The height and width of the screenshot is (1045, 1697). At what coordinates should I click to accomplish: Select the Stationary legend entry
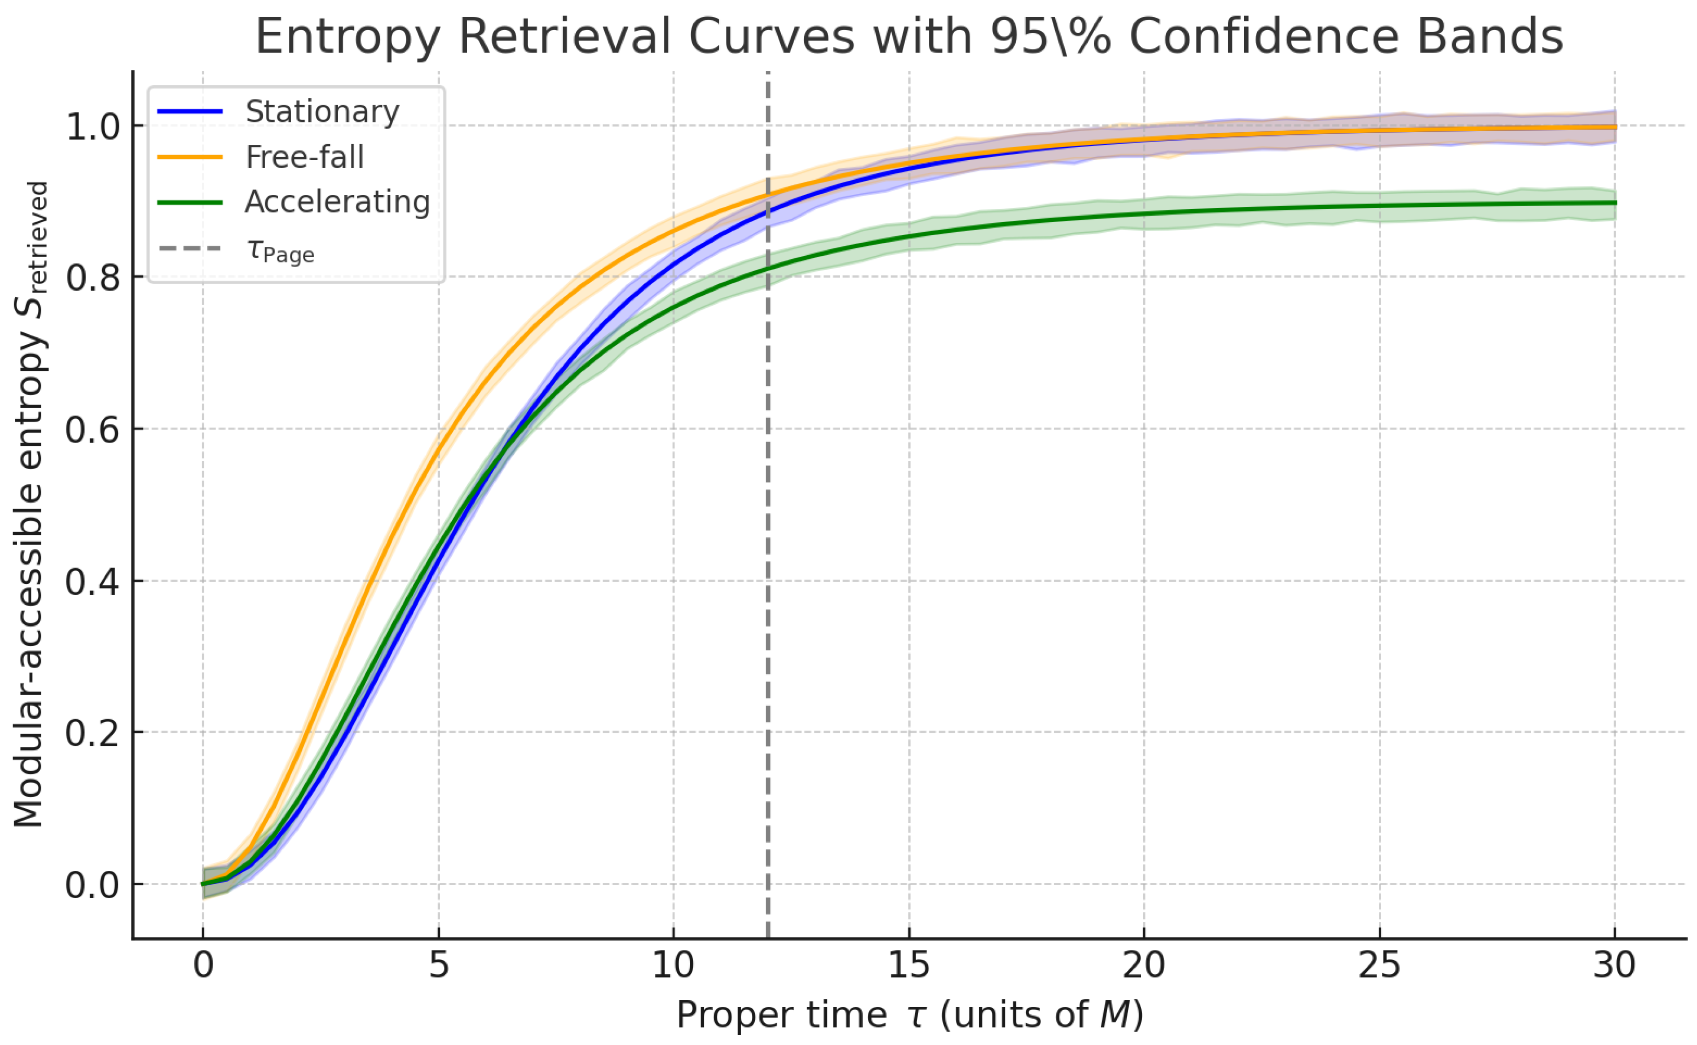tap(322, 112)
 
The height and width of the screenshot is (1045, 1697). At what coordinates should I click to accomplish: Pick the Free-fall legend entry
tap(304, 157)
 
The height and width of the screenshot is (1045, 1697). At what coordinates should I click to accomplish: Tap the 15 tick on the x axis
tap(909, 965)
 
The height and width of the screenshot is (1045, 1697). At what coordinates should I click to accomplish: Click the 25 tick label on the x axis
tap(1379, 965)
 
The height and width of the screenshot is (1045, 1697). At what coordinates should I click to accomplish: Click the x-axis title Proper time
tap(781, 1015)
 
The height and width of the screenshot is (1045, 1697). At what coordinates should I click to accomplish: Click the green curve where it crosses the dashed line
tap(768, 267)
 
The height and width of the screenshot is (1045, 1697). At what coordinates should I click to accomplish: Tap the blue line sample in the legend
tap(190, 112)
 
